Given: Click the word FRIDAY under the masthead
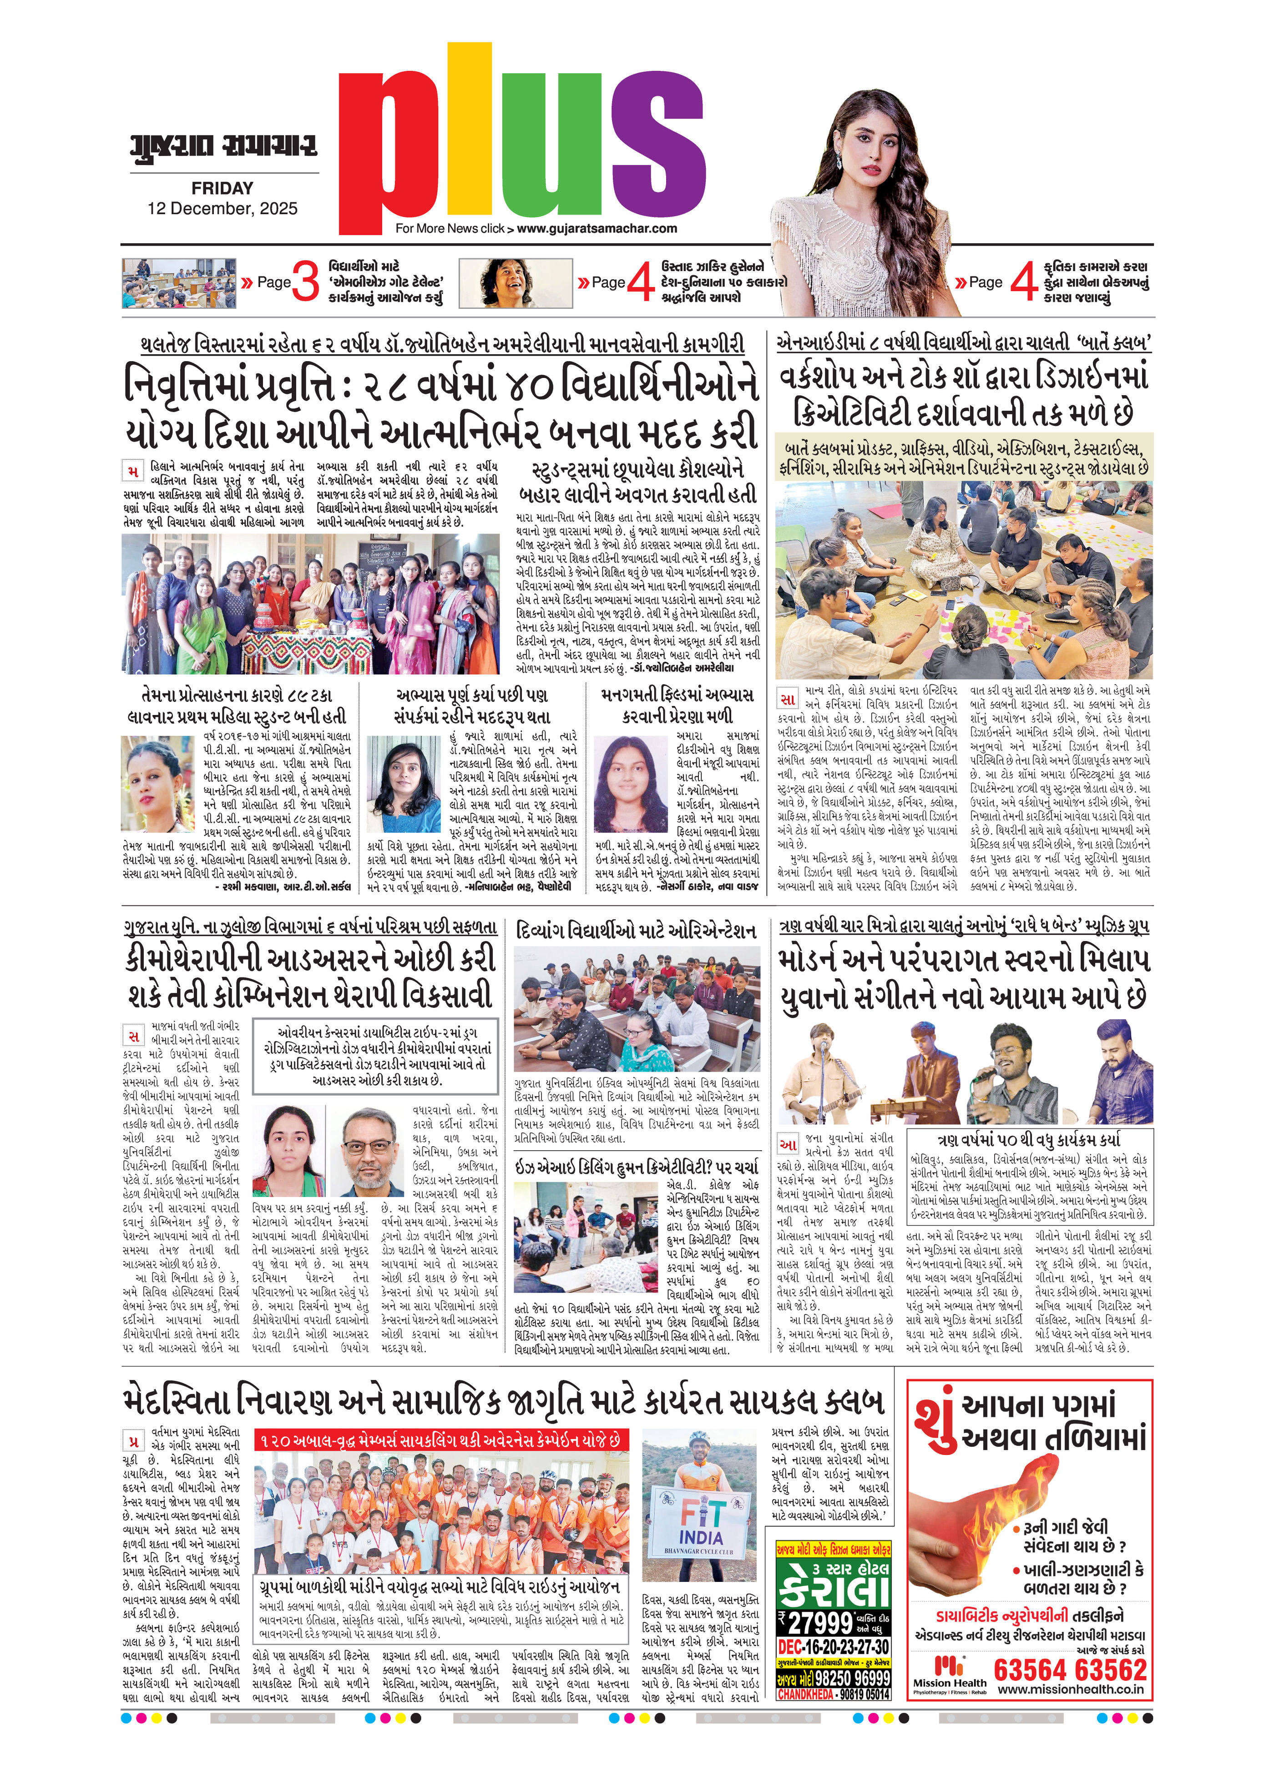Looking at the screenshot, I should (222, 188).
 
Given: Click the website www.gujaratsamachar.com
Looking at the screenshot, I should (596, 228).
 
